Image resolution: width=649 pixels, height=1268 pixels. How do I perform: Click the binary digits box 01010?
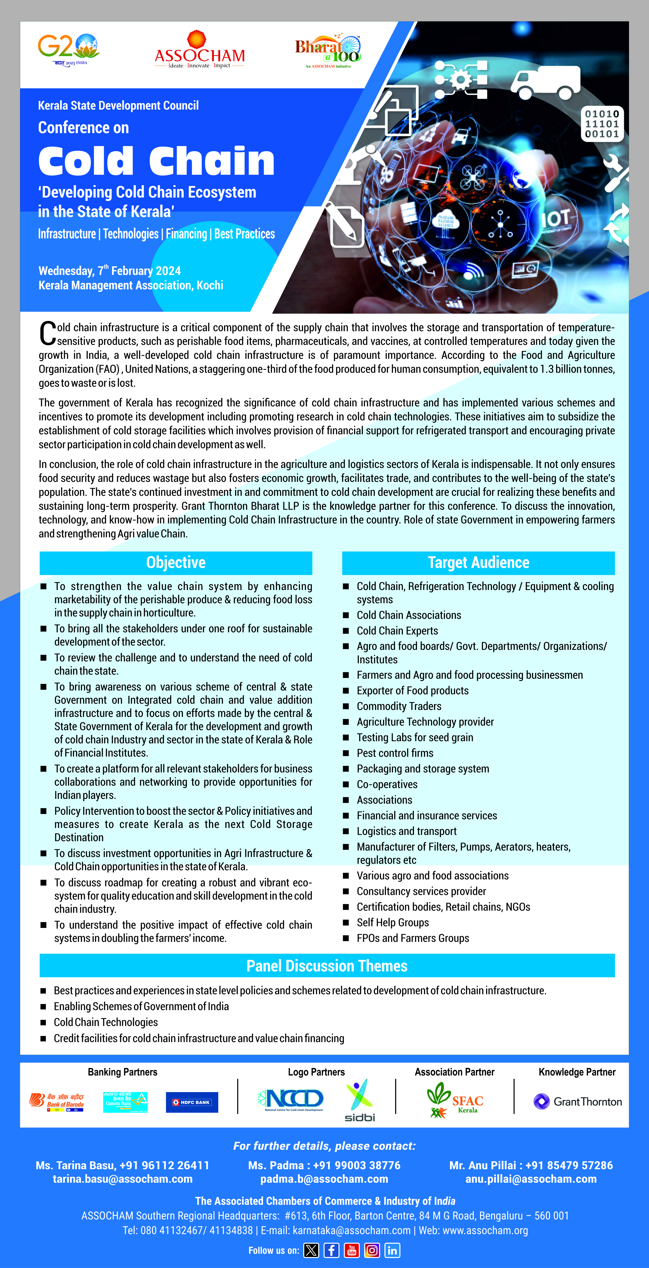(602, 124)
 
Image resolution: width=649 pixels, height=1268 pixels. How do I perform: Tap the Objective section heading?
(176, 563)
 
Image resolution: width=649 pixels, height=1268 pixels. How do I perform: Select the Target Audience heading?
(478, 563)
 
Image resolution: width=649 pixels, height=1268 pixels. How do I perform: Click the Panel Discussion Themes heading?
(327, 966)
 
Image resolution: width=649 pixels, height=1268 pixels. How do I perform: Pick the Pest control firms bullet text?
(395, 753)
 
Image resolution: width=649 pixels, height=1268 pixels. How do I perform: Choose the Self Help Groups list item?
(393, 922)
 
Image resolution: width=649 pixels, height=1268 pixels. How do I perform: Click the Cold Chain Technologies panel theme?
(106, 1022)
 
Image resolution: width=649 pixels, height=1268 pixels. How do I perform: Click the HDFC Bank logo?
(192, 1102)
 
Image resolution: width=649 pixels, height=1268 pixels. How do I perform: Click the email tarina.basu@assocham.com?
(123, 1179)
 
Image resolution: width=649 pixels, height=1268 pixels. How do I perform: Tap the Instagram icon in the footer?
(372, 1250)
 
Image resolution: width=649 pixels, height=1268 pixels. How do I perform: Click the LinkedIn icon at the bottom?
(392, 1250)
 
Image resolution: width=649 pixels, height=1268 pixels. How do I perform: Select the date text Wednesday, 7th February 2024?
(109, 271)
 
